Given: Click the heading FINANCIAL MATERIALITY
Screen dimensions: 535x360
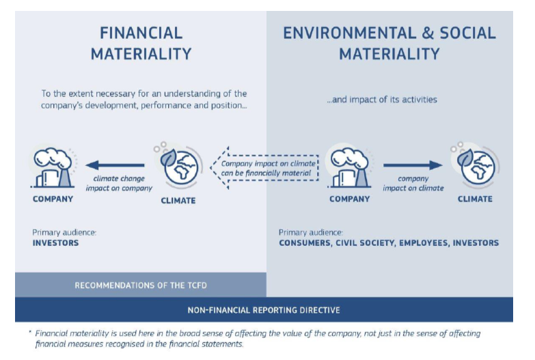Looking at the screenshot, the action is click(x=141, y=44).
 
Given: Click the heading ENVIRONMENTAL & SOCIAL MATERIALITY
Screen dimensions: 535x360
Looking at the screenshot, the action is click(x=389, y=44).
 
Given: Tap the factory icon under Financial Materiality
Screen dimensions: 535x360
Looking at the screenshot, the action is click(x=53, y=167).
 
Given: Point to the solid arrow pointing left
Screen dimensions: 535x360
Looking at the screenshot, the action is click(x=115, y=165).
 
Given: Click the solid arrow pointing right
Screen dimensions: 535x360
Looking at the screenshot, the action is click(x=413, y=165).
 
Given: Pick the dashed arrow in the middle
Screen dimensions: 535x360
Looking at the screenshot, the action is click(x=264, y=168).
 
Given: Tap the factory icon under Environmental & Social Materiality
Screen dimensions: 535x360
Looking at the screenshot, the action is click(x=349, y=167).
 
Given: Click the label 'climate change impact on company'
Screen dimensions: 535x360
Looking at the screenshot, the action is click(x=119, y=183).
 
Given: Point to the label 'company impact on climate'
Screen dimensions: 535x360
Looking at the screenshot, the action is click(x=413, y=183).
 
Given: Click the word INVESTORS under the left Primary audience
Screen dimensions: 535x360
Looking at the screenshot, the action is click(x=55, y=243).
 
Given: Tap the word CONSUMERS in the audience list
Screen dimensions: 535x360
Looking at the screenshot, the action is click(x=305, y=243).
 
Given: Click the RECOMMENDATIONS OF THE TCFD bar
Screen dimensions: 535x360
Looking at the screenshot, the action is click(x=141, y=285).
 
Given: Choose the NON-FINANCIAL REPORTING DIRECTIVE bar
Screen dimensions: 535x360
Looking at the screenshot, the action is click(x=264, y=310).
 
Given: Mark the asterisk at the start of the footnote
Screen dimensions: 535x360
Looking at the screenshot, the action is click(x=30, y=332).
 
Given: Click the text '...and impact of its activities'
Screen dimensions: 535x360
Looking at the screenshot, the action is click(x=381, y=99).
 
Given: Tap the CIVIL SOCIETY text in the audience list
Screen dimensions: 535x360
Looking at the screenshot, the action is click(x=365, y=243).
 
